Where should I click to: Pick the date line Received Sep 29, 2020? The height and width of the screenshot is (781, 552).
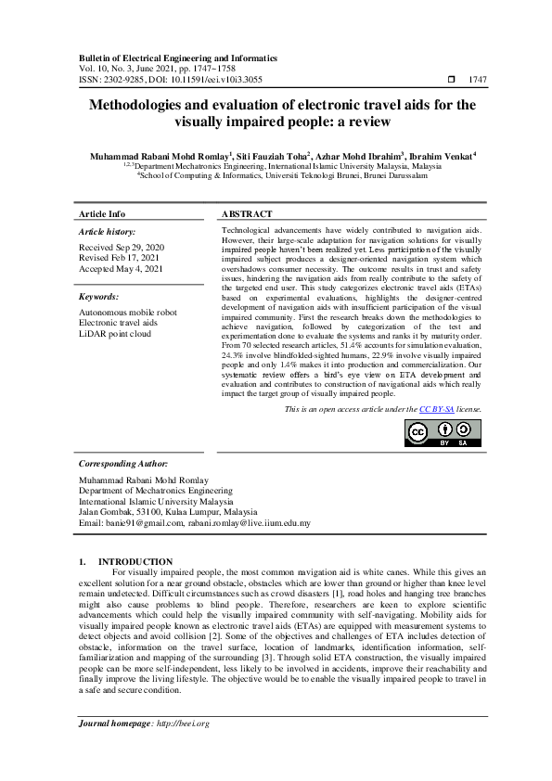click(x=122, y=247)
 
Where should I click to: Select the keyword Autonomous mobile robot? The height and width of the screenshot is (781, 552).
click(x=128, y=313)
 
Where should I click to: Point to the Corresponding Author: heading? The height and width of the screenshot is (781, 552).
click(x=122, y=462)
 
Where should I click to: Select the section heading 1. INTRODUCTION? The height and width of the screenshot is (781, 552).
click(x=125, y=561)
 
